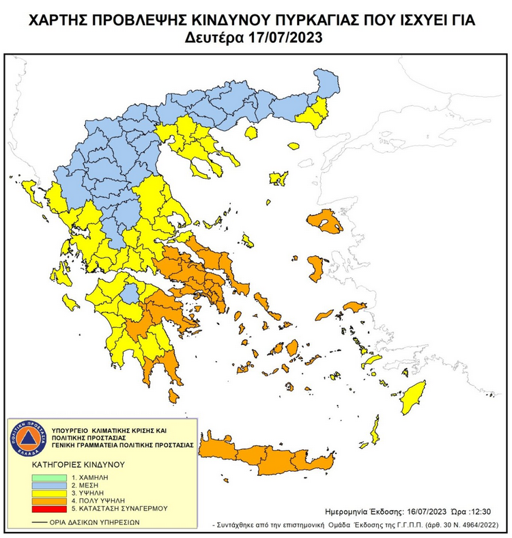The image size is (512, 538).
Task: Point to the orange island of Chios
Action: pos(316,268)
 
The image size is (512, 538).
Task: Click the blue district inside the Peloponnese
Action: pos(129,294)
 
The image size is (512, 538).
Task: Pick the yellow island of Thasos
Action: pos(251,132)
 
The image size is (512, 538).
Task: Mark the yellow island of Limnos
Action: pos(278,178)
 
